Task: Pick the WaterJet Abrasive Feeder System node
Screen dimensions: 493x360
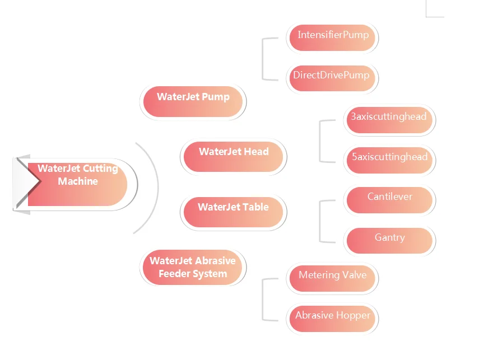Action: click(193, 268)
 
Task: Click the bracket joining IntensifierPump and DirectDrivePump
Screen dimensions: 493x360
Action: click(263, 58)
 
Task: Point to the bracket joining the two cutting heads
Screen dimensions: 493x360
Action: click(320, 141)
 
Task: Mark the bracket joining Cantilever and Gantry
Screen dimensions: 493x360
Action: click(320, 221)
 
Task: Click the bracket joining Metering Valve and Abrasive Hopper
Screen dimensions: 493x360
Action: click(263, 299)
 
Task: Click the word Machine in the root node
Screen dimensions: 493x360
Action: click(78, 181)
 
